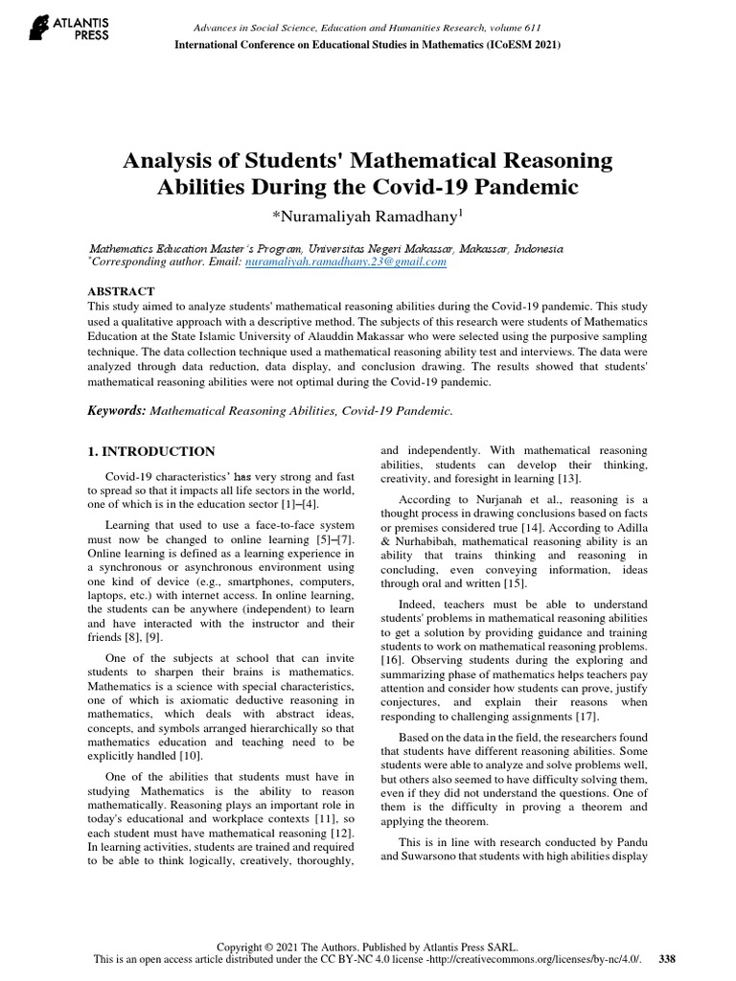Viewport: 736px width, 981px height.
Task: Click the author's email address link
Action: point(346,261)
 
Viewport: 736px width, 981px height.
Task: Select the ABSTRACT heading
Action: point(122,291)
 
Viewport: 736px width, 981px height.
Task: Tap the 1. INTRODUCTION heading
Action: point(151,451)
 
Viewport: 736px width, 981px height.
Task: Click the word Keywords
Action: point(117,410)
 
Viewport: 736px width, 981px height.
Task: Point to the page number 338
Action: point(669,959)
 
